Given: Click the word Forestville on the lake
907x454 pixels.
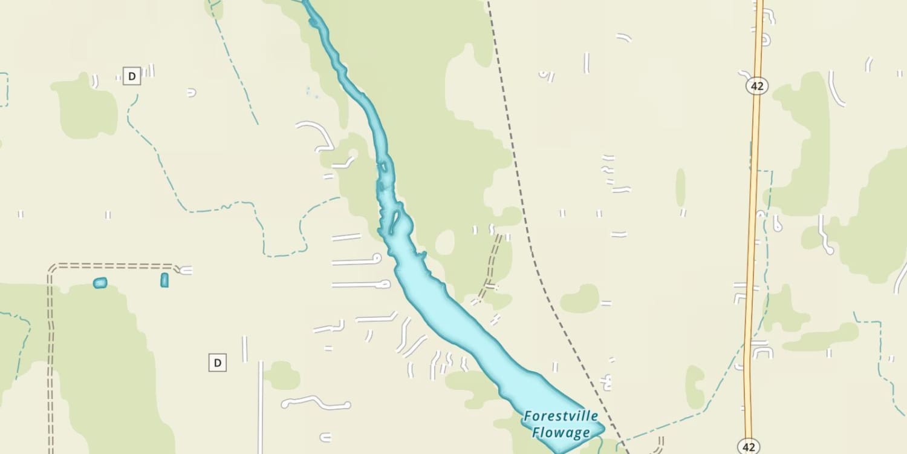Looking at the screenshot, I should (561, 416).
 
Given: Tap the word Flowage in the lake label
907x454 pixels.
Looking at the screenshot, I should (561, 432).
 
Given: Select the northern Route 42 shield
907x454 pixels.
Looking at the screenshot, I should (756, 86).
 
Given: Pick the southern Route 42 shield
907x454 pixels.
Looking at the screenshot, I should (749, 447).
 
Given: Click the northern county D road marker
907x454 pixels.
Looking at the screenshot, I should (131, 76).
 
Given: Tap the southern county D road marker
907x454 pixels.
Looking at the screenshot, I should (217, 363).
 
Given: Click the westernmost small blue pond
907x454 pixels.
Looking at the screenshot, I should (100, 283).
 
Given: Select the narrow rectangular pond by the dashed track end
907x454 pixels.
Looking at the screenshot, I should (164, 280).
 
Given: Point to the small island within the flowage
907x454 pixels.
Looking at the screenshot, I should (394, 222).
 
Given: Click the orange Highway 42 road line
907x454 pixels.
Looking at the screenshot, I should (753, 212).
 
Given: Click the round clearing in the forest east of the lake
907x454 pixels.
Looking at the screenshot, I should (445, 243).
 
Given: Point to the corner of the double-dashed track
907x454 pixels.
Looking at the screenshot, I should (51, 267).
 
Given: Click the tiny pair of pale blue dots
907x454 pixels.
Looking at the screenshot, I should (311, 92).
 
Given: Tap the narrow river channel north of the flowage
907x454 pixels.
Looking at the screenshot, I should (357, 91).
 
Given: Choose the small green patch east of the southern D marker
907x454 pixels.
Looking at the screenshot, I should (282, 375).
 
